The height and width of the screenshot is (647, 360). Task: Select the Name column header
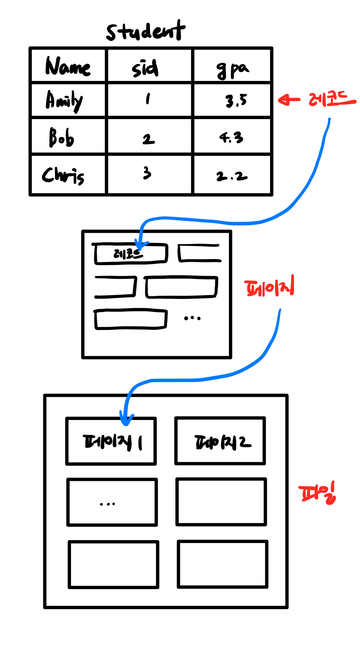coord(68,67)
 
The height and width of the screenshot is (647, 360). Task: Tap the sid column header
coord(145,68)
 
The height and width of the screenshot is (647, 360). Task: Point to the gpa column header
coord(232,69)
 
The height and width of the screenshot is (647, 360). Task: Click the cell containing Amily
coord(64,101)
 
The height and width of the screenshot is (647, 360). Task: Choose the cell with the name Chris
coord(63,175)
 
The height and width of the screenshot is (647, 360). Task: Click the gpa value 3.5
coord(236,100)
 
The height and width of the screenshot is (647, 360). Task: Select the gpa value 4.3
coord(231,137)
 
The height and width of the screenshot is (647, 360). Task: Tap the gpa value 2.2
coord(232,176)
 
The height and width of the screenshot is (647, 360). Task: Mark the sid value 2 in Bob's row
coord(148,139)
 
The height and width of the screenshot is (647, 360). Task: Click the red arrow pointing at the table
coord(289,100)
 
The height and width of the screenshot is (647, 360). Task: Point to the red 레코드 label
coord(332,99)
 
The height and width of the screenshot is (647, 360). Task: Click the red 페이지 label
coord(269,287)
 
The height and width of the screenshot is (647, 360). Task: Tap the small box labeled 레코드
coord(130,254)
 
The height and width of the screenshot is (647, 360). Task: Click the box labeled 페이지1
coord(111,442)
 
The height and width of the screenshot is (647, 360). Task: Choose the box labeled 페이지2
coord(220,442)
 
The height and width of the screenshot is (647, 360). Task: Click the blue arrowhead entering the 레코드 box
coord(141,245)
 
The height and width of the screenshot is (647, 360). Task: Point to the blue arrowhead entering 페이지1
coord(126,420)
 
